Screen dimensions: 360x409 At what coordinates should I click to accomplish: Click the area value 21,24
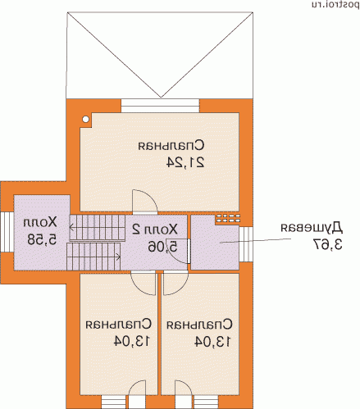[x=185, y=162]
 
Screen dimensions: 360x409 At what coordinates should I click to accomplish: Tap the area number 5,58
[x=42, y=239]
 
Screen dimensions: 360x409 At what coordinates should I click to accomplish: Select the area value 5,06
[x=162, y=247]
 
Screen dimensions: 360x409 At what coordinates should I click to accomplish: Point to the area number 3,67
[x=327, y=244]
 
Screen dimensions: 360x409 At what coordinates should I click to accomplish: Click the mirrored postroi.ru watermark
[x=335, y=5]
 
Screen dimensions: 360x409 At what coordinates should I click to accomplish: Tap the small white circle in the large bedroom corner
[x=86, y=120]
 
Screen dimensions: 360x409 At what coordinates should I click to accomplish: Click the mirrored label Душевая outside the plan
[x=312, y=228]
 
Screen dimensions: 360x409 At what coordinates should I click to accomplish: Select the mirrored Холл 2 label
[x=155, y=229]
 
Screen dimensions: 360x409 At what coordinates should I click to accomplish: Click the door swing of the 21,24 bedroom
[x=145, y=202]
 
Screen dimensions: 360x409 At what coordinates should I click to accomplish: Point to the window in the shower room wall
[x=246, y=244]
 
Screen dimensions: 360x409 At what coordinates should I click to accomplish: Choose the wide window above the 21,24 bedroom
[x=160, y=106]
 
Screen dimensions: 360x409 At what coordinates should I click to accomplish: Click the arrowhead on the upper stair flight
[x=71, y=227]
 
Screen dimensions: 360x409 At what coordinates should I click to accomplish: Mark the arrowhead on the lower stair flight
[x=119, y=257]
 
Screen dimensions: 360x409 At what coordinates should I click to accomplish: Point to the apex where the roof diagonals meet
[x=161, y=97]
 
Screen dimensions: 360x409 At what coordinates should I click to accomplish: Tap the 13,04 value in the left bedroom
[x=132, y=341]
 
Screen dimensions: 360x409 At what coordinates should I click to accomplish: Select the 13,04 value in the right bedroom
[x=212, y=342]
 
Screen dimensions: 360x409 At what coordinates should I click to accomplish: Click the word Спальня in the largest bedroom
[x=171, y=145]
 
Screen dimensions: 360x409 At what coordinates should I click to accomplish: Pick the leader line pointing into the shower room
[x=255, y=240]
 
